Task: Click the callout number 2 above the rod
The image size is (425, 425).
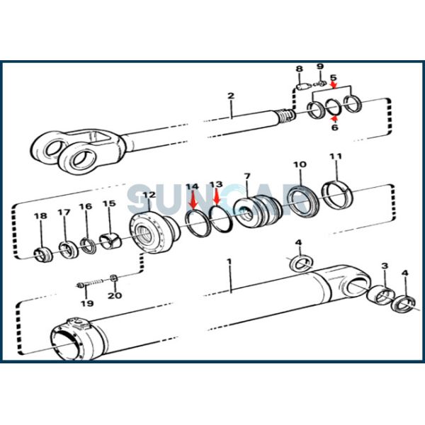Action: [x=230, y=96]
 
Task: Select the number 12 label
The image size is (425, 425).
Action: [x=149, y=195]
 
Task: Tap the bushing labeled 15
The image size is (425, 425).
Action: [x=108, y=242]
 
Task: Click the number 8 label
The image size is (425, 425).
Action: [x=299, y=69]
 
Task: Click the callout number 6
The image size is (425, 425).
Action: [x=335, y=127]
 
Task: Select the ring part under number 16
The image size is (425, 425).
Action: [x=87, y=246]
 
